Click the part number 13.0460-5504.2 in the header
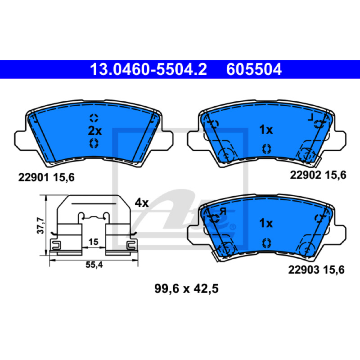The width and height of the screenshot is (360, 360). tap(148, 69)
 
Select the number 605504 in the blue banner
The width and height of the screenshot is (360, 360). tap(254, 69)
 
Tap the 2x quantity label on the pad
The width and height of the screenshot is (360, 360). tap(95, 131)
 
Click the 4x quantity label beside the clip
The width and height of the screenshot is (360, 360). tap(142, 203)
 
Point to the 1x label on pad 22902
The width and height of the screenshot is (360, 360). tap(266, 130)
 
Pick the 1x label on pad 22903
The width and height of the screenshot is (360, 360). tap(266, 223)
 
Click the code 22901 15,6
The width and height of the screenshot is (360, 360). tap(46, 177)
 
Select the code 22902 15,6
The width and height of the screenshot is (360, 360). tap(318, 175)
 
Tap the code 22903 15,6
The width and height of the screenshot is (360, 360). tap(316, 270)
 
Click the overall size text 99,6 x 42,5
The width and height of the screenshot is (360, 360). tap(186, 288)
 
